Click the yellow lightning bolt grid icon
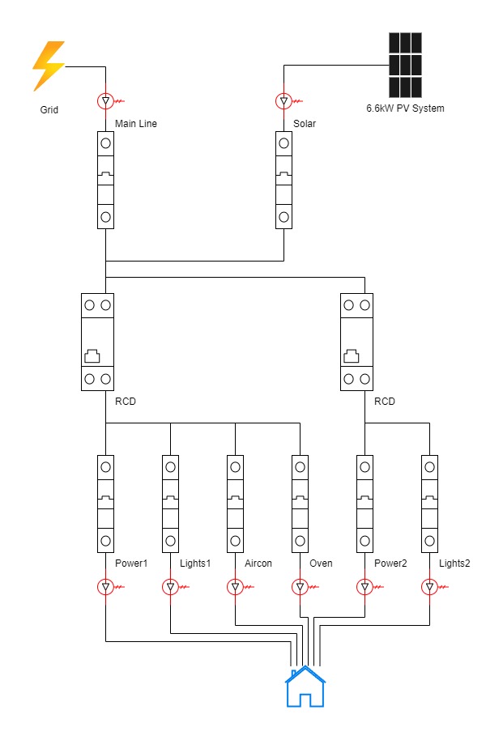tap(49, 66)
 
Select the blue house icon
tap(305, 687)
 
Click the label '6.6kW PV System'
tap(406, 108)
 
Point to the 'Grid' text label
tap(49, 110)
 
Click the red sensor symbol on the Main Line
tap(105, 101)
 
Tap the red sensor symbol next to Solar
tap(283, 101)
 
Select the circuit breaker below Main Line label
tap(105, 180)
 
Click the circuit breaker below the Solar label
tap(283, 180)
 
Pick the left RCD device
tap(97, 342)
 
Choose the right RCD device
tap(356, 342)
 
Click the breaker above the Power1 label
tap(105, 503)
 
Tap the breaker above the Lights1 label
tap(170, 503)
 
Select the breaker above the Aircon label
tap(235, 503)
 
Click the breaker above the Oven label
tap(300, 503)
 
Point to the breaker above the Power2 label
tap(364, 503)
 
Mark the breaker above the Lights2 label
tap(429, 503)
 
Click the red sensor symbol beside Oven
tap(300, 586)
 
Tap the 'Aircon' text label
tap(258, 564)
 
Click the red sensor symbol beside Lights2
tap(429, 586)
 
